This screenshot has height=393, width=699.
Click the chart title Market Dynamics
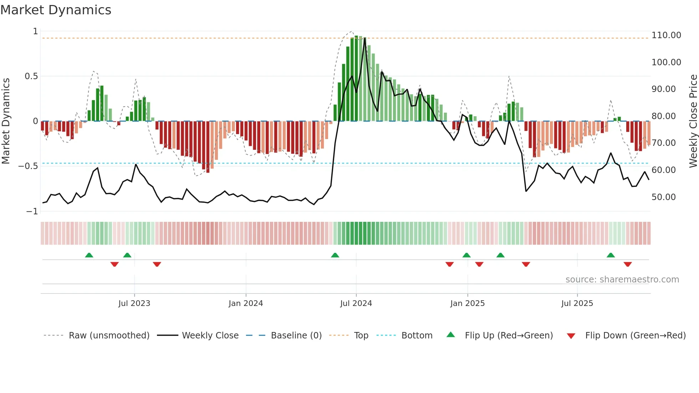[56, 10]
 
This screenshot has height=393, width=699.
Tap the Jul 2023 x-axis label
[134, 303]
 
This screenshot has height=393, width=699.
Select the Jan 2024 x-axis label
[246, 303]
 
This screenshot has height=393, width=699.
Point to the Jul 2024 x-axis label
[356, 303]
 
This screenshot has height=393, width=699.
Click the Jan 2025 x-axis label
[468, 303]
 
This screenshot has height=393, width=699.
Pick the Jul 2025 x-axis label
[577, 303]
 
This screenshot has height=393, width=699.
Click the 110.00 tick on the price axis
[666, 35]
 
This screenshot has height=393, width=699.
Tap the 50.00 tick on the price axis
[663, 197]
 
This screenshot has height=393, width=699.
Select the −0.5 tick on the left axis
[28, 166]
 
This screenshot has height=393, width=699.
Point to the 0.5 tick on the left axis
[31, 76]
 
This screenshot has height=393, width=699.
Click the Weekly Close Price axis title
[693, 121]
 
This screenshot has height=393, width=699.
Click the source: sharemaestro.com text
[622, 280]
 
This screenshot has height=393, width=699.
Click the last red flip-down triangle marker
[628, 264]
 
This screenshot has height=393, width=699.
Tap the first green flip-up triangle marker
[89, 255]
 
